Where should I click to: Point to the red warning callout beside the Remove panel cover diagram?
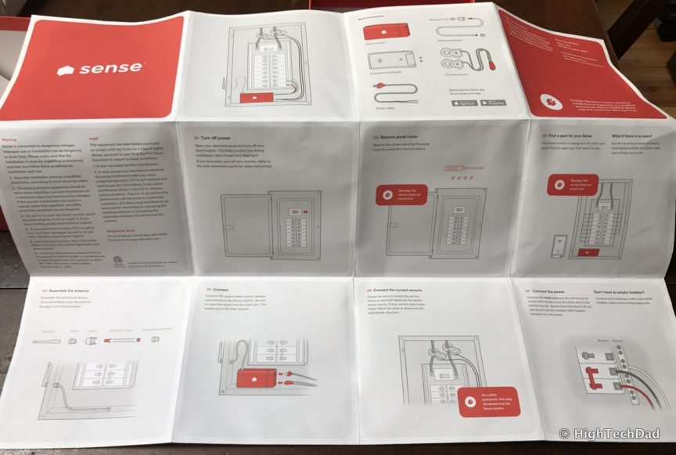[401, 194]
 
